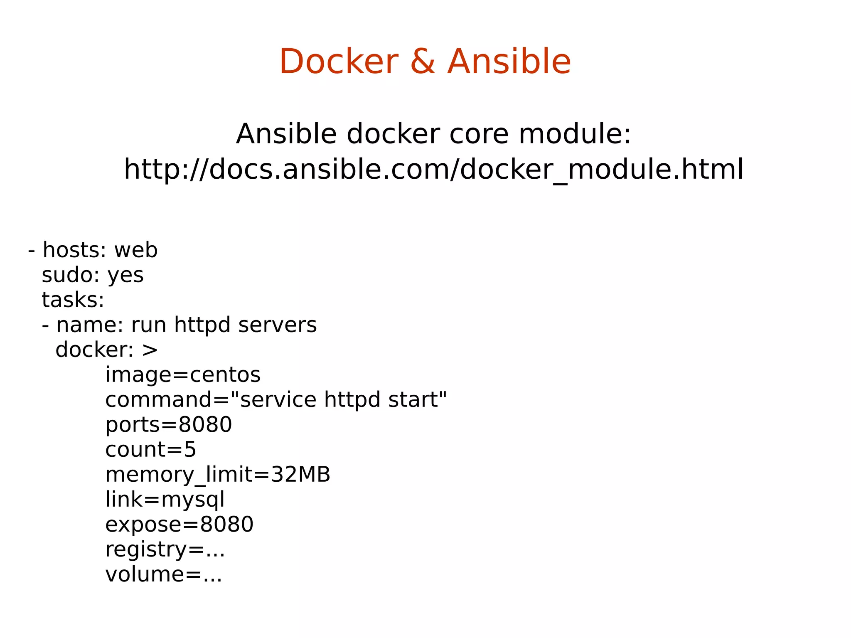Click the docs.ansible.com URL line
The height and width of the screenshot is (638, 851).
[x=433, y=169]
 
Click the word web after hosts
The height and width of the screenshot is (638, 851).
[x=136, y=250]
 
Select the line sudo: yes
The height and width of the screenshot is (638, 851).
[x=93, y=275]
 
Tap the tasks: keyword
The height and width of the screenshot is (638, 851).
[x=73, y=300]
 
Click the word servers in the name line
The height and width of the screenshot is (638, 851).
[x=277, y=325]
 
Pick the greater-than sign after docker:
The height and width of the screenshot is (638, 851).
[x=150, y=350]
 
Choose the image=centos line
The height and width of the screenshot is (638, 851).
[x=183, y=375]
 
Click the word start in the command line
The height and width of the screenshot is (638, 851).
[x=417, y=400]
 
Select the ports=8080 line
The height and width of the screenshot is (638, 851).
[x=168, y=425]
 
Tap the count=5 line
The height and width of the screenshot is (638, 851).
[x=150, y=450]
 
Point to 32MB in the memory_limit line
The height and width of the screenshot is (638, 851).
[x=300, y=475]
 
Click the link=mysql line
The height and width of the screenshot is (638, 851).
[x=165, y=500]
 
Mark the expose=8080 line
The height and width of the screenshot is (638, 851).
[x=179, y=525]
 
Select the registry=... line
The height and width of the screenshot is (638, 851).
[x=165, y=549]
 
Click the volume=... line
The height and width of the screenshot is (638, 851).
[x=163, y=574]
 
